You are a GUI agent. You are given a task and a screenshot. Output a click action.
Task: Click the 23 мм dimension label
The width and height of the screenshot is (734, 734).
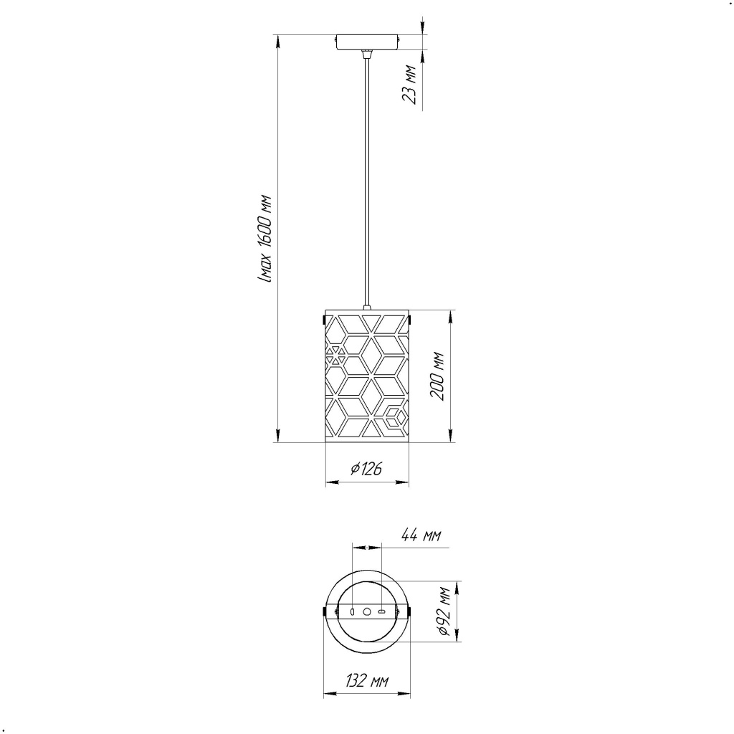pos(409,85)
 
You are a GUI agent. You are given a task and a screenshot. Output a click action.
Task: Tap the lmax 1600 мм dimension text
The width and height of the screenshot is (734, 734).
pos(265,239)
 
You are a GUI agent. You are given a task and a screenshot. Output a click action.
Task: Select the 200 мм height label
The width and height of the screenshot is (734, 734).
pos(437,376)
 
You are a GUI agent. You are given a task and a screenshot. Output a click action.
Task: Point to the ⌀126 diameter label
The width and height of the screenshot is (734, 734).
pos(366,468)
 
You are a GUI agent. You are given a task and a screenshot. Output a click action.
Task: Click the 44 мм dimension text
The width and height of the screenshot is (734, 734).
pos(421,535)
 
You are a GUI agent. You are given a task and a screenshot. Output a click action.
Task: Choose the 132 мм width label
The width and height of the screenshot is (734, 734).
pos(367,680)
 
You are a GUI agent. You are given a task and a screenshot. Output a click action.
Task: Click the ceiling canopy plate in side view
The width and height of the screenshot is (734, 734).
pos(368,42)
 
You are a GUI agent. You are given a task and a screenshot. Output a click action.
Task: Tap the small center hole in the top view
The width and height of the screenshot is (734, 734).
pos(367,611)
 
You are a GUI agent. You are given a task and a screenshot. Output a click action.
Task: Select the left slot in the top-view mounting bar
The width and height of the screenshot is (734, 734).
pos(353,611)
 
